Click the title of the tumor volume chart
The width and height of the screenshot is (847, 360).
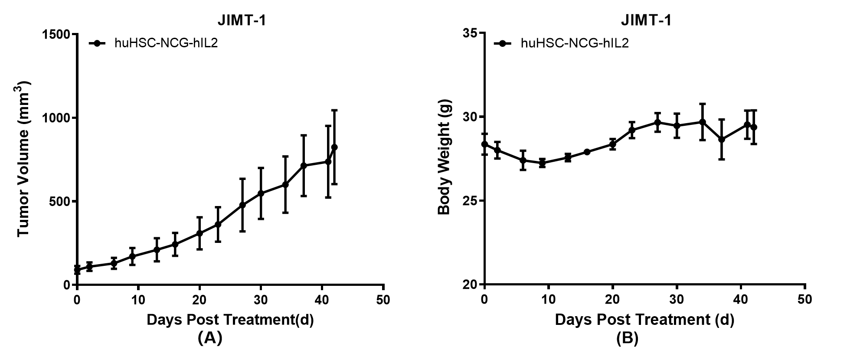coord(242,20)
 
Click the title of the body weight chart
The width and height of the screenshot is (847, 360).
coord(646,20)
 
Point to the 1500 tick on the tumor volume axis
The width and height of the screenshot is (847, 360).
coord(56,34)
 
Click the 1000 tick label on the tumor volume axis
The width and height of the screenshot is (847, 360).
coord(56,118)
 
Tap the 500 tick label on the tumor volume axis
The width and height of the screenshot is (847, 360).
coord(60,201)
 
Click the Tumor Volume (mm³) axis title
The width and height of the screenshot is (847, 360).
coord(24,159)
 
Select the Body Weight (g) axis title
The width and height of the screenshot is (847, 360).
coord(445,157)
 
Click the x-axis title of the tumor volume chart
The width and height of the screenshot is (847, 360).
coord(230,320)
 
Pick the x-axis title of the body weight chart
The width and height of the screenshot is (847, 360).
coord(644,320)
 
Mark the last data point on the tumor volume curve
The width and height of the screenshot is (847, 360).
coord(334,147)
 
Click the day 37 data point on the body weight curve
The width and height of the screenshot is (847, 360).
coord(722,140)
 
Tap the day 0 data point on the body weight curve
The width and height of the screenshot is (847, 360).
coord(484,144)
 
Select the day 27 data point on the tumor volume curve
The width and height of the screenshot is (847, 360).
coord(242,205)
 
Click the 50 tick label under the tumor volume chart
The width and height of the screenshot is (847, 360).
coord(383,300)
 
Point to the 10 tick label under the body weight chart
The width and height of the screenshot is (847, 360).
coord(548,300)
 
